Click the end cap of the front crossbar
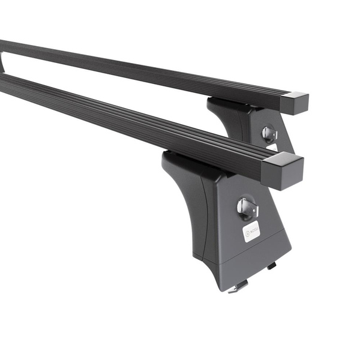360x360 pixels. tap(283, 170)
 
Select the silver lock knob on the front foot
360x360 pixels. tap(247, 208)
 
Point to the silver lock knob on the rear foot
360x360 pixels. tap(269, 133)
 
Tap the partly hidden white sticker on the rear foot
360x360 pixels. tap(273, 147)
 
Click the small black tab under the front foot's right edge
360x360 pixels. tap(272, 265)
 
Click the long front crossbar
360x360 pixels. tap(120, 120)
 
